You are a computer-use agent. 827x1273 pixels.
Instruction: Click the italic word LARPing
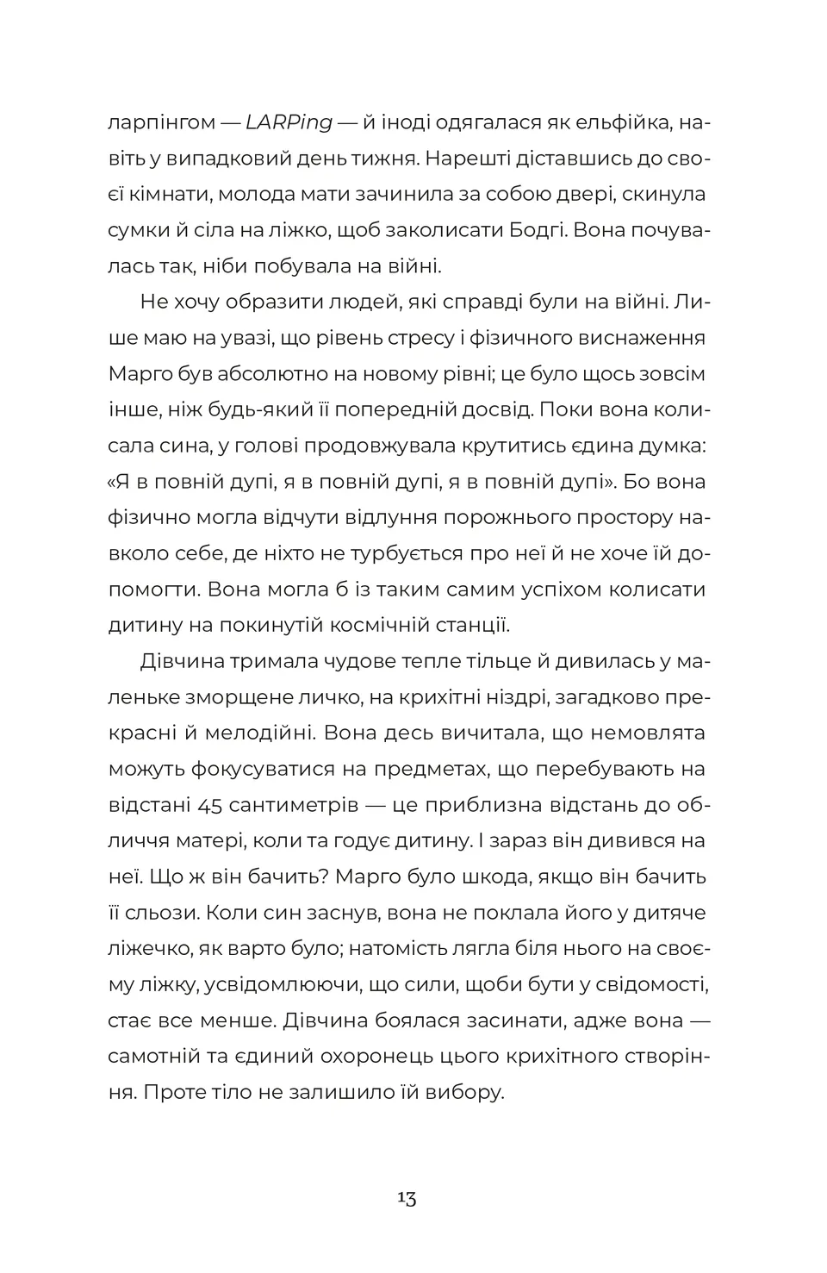pyautogui.click(x=289, y=122)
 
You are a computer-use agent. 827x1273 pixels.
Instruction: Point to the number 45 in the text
pyautogui.click(x=213, y=805)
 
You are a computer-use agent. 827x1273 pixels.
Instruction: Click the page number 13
pyautogui.click(x=407, y=1199)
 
